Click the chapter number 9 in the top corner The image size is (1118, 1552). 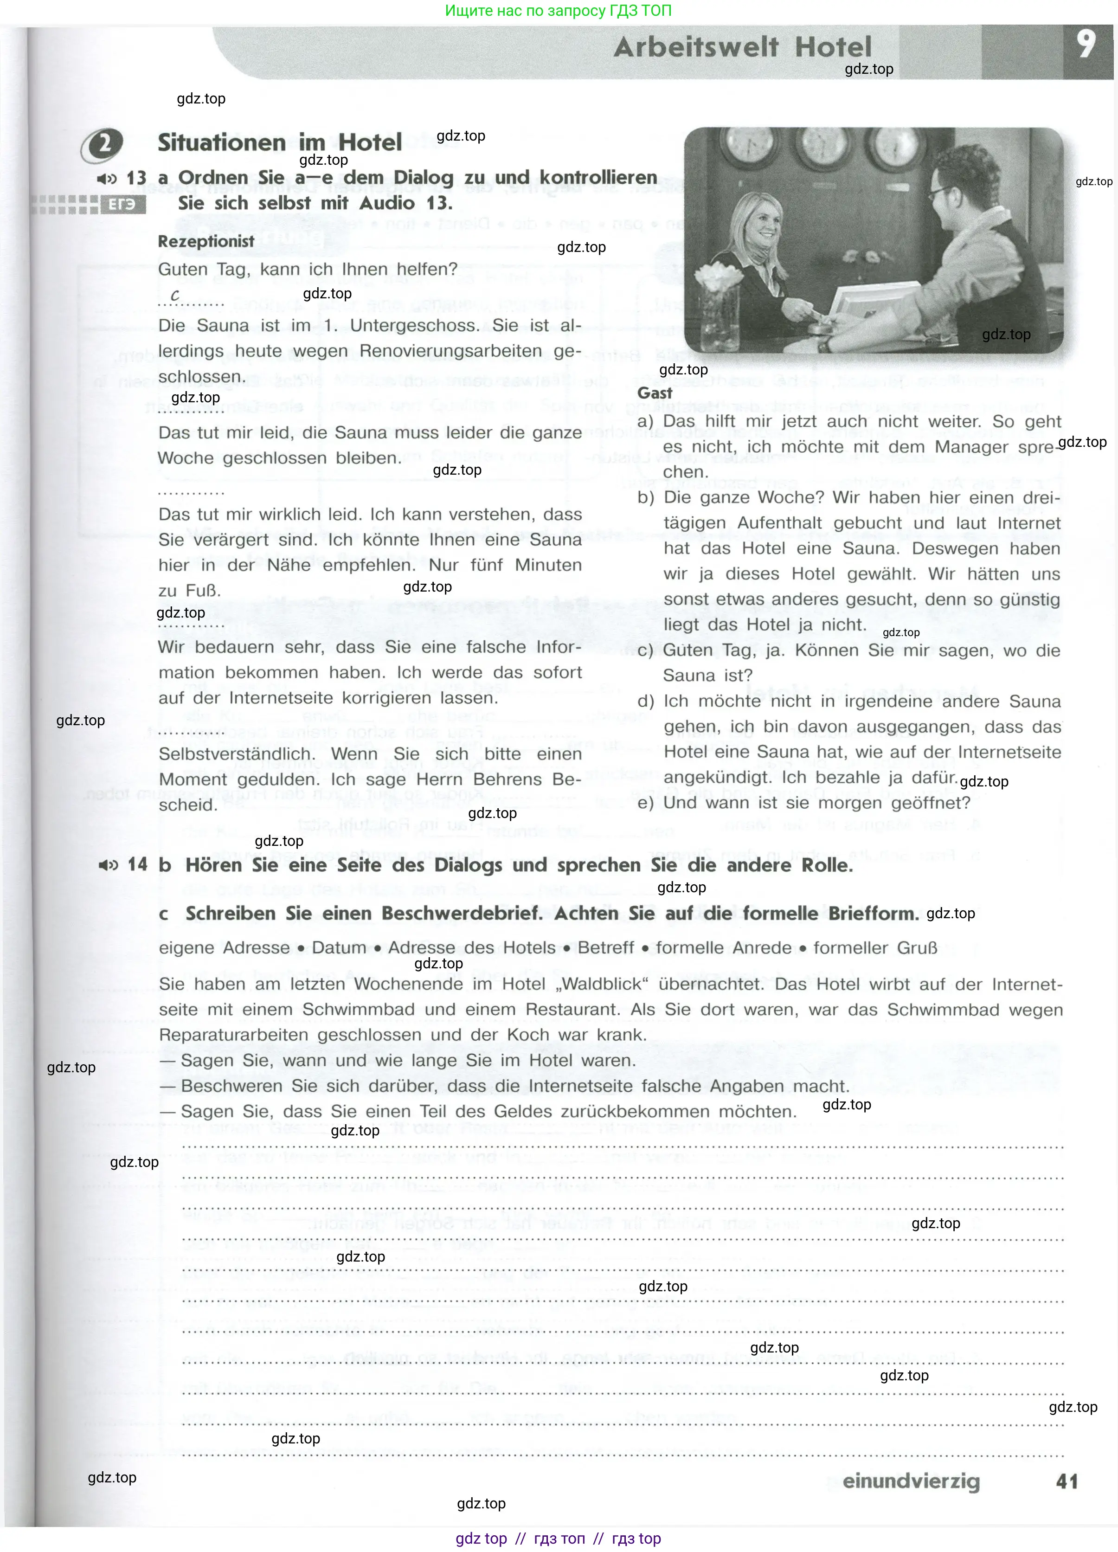tap(1086, 45)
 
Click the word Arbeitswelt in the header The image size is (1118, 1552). tap(696, 47)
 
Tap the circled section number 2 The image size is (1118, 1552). tap(103, 144)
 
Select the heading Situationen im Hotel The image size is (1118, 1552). tap(280, 142)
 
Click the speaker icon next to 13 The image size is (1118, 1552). tap(107, 179)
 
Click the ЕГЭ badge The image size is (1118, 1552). tap(123, 205)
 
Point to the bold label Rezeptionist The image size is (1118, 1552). tap(206, 242)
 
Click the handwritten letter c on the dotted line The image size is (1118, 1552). tap(175, 295)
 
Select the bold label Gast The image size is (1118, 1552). tap(654, 393)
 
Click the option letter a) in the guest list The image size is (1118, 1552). tap(645, 422)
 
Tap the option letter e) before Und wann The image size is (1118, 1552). tap(645, 803)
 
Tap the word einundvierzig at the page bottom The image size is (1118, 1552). tap(911, 1481)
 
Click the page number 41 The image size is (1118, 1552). tap(1067, 1481)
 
